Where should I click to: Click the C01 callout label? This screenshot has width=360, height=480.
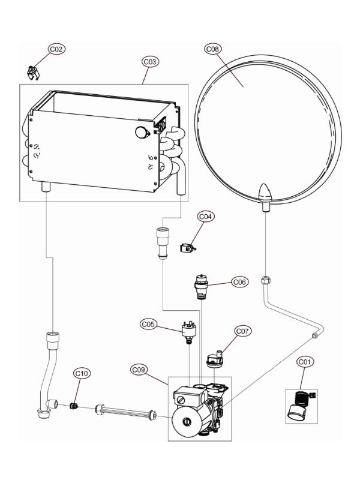pyautogui.click(x=305, y=362)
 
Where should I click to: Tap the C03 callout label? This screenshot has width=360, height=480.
pyautogui.click(x=150, y=62)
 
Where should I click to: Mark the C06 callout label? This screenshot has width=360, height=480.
pyautogui.click(x=239, y=282)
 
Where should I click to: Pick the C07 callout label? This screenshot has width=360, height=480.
pyautogui.click(x=242, y=331)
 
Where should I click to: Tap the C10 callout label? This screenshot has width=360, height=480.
pyautogui.click(x=82, y=373)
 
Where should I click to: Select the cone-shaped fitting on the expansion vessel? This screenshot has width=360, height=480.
pyautogui.click(x=264, y=194)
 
